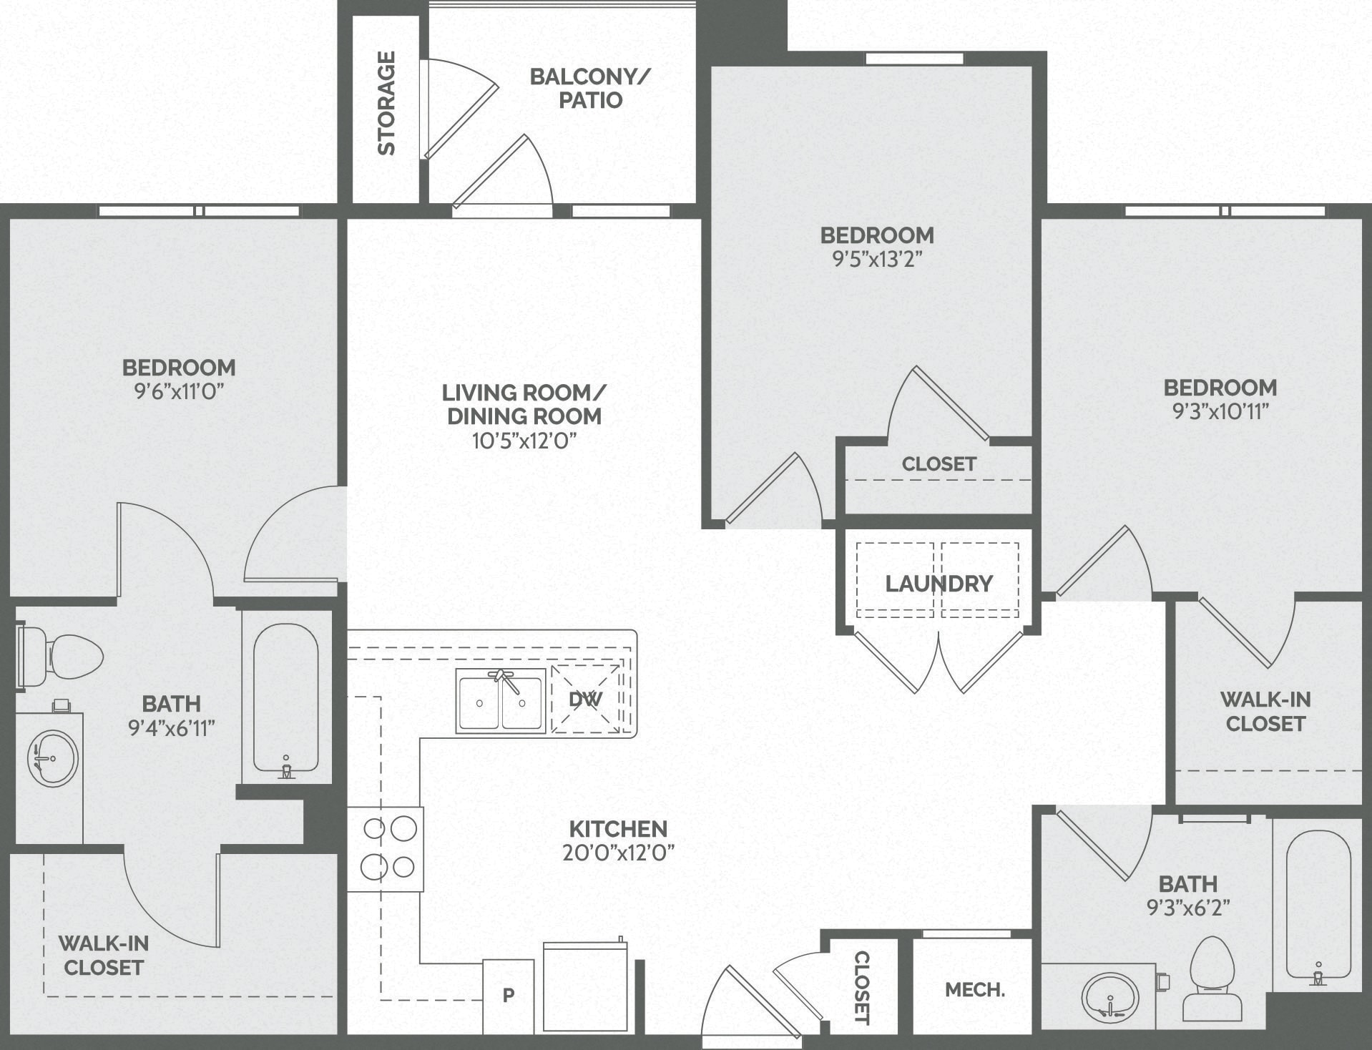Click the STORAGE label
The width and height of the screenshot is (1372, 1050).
coord(386,103)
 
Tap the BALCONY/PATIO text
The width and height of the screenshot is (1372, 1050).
coord(590,88)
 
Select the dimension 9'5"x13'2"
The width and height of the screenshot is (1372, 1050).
coord(877,259)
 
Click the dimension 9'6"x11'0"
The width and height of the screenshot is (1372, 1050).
coord(179,391)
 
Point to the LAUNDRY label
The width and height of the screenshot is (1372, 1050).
coord(939,584)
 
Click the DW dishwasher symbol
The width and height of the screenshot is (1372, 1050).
coord(586,700)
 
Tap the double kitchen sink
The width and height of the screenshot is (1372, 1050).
coord(501,701)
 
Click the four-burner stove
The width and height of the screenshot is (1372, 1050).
coord(386,848)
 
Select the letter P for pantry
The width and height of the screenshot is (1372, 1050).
coord(509,995)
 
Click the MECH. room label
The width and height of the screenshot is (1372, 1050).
coord(974,990)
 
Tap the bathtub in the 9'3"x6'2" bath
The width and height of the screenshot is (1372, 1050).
coord(1318,905)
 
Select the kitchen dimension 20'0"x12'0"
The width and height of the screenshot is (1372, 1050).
coord(618,853)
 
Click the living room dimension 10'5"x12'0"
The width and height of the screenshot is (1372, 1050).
coord(524,441)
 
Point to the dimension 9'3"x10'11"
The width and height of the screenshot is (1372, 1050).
coord(1220,411)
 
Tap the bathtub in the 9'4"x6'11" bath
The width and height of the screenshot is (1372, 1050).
coord(286,697)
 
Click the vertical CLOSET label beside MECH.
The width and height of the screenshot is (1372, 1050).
coord(862,987)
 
